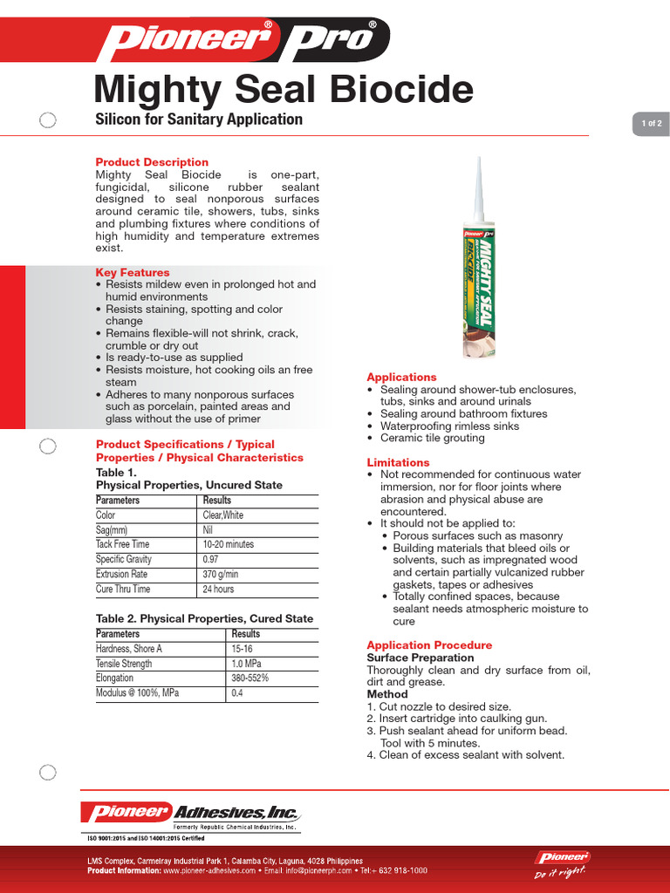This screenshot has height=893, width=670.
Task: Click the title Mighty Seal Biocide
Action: [284, 90]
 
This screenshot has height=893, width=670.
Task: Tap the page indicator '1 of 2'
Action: [651, 124]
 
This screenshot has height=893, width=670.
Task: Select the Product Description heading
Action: [152, 162]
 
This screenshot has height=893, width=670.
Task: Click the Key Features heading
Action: [132, 273]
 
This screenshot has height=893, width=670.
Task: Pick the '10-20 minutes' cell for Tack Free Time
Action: [229, 544]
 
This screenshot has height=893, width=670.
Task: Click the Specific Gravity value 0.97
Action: [211, 559]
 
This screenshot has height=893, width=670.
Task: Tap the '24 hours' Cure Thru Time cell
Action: [219, 590]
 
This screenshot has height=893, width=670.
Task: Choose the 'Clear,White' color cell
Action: [223, 515]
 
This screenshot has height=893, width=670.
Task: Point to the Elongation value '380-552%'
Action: [250, 678]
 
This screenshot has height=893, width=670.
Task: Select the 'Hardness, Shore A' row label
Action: [129, 649]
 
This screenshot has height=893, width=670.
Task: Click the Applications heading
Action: [401, 377]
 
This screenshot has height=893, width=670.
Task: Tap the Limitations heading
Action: [398, 462]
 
